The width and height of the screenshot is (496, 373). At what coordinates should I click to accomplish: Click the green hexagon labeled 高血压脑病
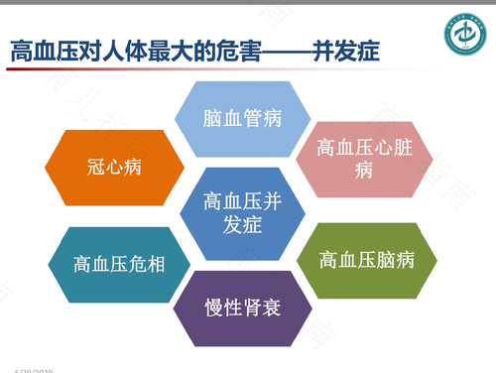(366, 260)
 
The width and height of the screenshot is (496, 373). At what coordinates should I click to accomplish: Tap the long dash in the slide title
(281, 51)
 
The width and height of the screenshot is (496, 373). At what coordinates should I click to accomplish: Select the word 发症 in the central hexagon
(242, 225)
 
